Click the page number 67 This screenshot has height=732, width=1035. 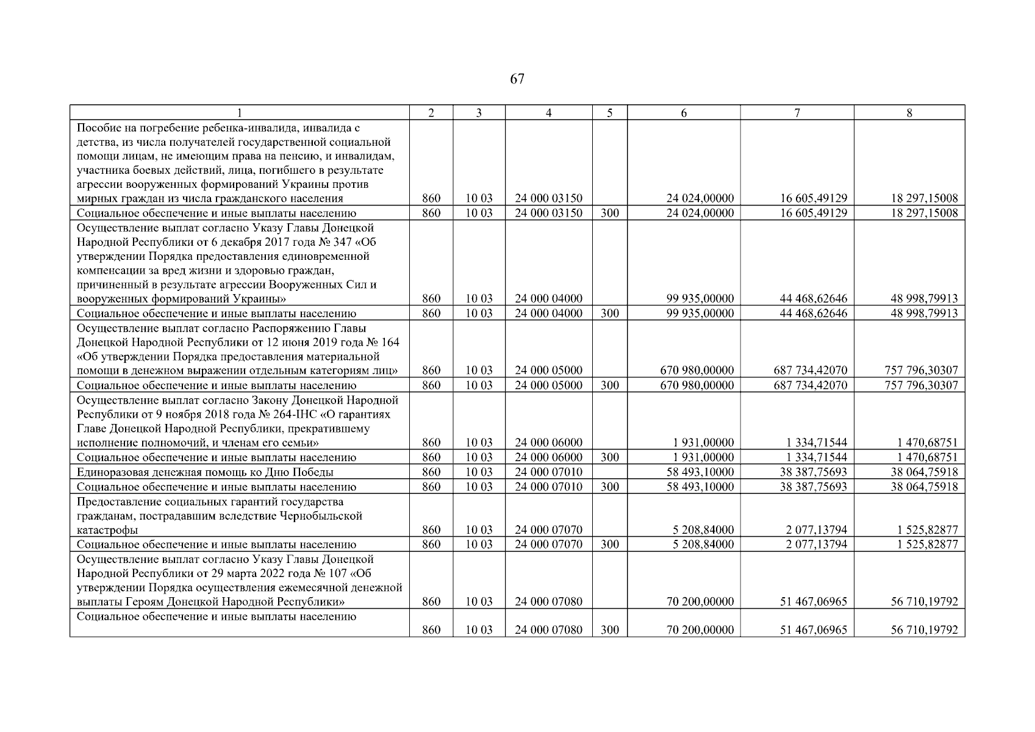click(517, 79)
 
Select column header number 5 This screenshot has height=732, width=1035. click(609, 113)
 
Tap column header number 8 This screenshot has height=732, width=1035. click(909, 113)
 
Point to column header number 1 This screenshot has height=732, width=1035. click(239, 113)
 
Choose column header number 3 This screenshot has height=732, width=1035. click(479, 113)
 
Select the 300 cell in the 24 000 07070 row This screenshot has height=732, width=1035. click(609, 545)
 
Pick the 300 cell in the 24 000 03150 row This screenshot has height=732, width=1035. click(609, 213)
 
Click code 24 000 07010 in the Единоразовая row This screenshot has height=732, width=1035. click(548, 472)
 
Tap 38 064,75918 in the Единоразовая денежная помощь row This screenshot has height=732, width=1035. click(923, 472)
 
